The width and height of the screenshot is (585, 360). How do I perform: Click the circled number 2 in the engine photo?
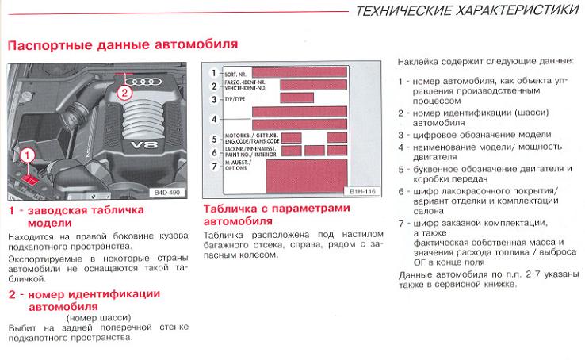[123, 91]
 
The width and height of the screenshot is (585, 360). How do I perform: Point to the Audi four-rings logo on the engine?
[143, 82]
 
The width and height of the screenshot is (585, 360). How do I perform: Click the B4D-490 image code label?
[167, 191]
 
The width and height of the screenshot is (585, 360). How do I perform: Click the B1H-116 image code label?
[361, 191]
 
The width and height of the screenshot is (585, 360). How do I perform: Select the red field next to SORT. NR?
[297, 71]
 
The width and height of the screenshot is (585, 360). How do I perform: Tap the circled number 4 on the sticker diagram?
[212, 119]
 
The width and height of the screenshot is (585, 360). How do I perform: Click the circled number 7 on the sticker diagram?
[212, 165]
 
